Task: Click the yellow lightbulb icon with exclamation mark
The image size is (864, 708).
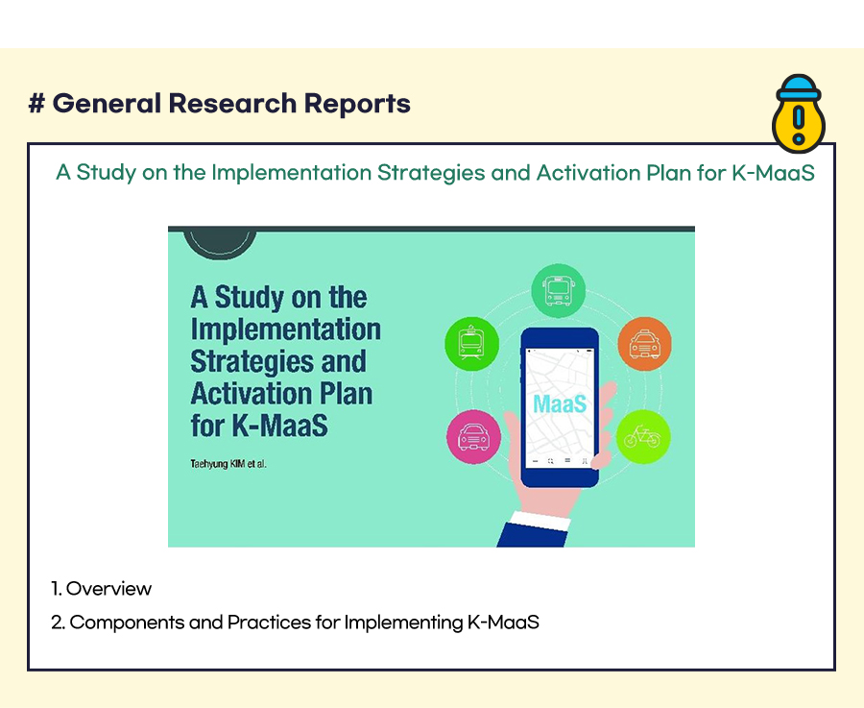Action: point(799,113)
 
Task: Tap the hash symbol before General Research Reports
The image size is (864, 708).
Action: point(36,103)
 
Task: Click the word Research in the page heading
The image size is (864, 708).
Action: point(232,103)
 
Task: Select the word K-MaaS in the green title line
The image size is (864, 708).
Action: point(773,173)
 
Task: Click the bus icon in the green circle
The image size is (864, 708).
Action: point(558,290)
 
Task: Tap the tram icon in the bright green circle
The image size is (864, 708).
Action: point(471,343)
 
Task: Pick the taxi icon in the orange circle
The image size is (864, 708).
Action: point(644,343)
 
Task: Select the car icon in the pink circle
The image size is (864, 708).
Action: point(473,437)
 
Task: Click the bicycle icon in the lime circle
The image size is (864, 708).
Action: point(643,437)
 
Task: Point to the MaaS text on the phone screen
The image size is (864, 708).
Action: point(560,403)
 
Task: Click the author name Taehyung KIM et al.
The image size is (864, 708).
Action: point(228,464)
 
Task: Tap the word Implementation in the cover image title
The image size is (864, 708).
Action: point(285,330)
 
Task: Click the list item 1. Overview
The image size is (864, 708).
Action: point(101,588)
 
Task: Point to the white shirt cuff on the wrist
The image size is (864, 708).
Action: point(540,521)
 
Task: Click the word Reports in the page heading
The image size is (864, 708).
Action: point(357,104)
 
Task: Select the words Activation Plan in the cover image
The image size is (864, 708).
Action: point(281,394)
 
